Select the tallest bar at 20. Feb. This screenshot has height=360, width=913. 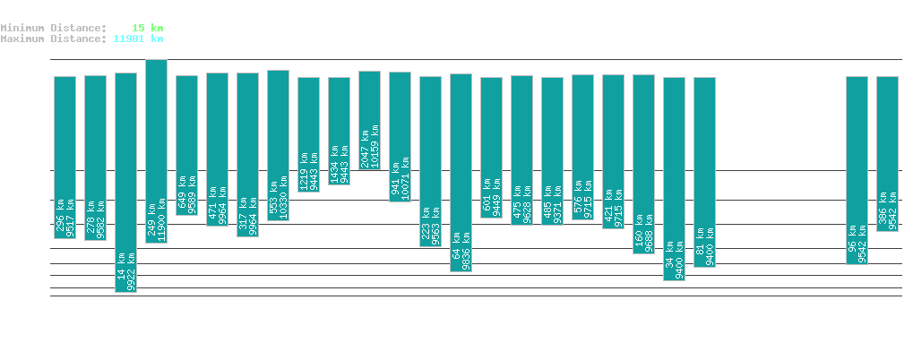pyautogui.click(x=156, y=151)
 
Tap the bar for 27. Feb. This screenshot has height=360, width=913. pyautogui.click(x=369, y=120)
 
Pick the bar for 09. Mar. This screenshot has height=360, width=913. pyautogui.click(x=674, y=179)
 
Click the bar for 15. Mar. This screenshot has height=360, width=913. pyautogui.click(x=857, y=170)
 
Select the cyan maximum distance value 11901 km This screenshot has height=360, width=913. pyautogui.click(x=138, y=39)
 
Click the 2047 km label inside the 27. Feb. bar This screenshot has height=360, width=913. pyautogui.click(x=364, y=147)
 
